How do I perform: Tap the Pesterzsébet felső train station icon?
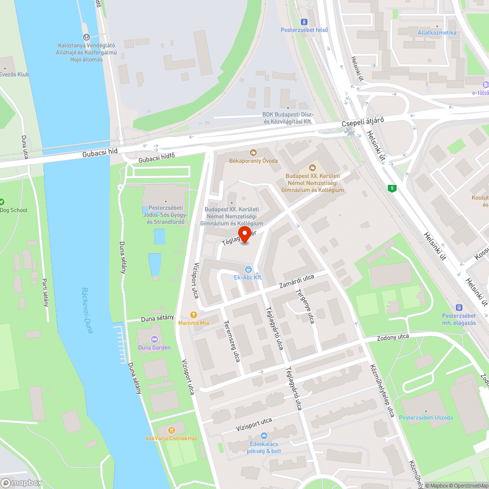point(304,22)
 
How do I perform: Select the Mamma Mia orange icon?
point(194,315)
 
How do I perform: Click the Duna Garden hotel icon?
point(154,339)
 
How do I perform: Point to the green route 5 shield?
point(391,188)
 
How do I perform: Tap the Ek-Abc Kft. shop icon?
point(248,269)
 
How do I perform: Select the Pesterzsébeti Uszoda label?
point(426,418)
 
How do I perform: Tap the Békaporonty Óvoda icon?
point(253,153)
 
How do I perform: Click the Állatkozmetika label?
point(437,33)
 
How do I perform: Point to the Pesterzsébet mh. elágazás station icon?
point(459,308)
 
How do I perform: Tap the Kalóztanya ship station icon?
point(86,37)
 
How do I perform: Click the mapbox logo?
point(22,483)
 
